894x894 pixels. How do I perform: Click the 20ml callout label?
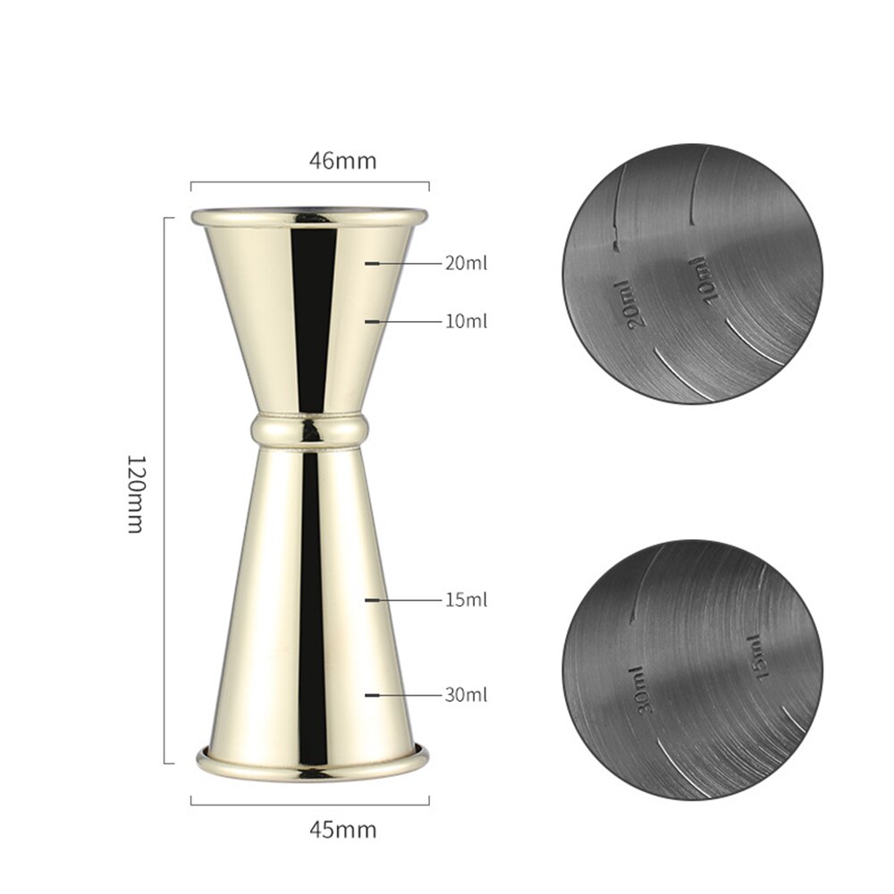click(x=466, y=264)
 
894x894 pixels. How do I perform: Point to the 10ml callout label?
click(x=466, y=320)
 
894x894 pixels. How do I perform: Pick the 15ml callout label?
click(x=466, y=599)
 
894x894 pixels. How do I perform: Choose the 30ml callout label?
click(x=466, y=694)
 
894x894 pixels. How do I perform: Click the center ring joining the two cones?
click(x=309, y=430)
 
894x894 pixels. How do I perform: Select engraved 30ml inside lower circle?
click(x=643, y=689)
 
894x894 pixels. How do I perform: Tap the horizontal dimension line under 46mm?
click(x=309, y=185)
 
